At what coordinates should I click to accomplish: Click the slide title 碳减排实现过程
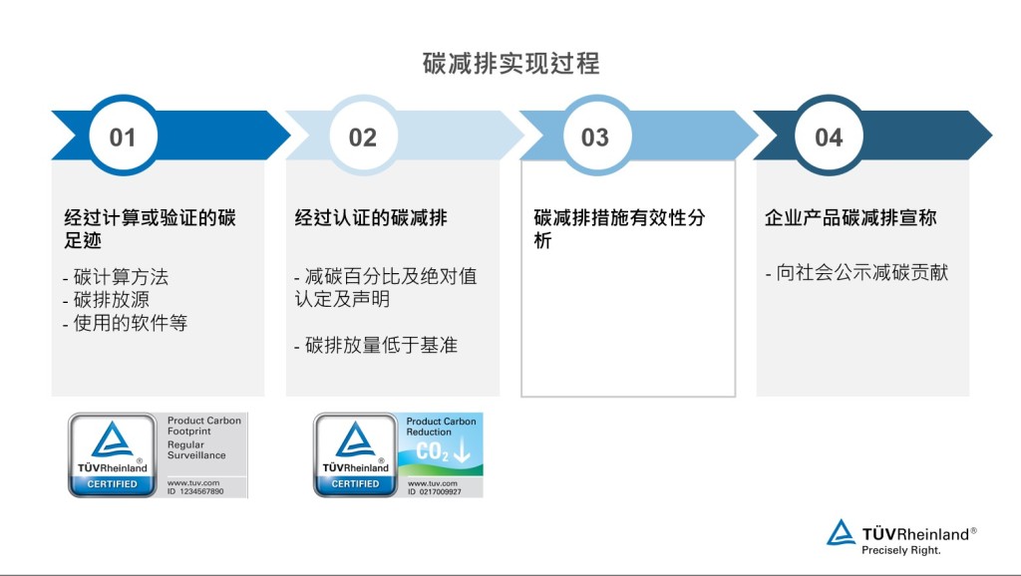511,64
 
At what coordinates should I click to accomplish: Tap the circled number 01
123,138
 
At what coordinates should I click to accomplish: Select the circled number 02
363,138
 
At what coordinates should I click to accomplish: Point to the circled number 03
595,138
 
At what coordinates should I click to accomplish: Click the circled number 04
829,138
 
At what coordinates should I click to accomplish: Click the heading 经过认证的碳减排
371,217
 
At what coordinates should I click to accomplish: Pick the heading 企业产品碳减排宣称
851,217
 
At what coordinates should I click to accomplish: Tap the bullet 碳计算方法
121,277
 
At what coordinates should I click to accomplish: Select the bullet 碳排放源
112,299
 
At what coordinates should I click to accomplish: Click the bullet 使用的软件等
131,322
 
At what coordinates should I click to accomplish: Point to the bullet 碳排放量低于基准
381,345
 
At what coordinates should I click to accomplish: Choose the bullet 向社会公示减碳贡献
862,272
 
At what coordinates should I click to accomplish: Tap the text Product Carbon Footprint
203,426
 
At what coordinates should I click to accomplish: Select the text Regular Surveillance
196,449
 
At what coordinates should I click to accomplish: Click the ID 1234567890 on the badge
195,491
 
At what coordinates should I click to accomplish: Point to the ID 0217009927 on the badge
435,492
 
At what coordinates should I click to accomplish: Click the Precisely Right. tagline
901,550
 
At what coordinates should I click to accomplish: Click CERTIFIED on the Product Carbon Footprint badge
112,484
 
